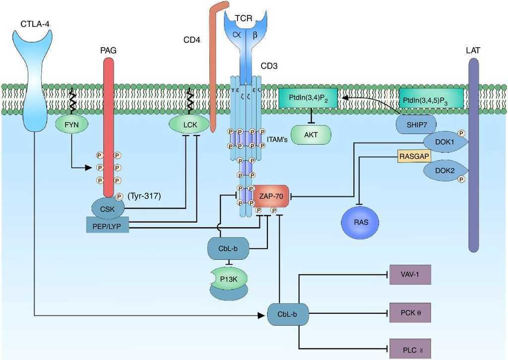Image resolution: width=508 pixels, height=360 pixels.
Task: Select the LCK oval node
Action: [x=189, y=125]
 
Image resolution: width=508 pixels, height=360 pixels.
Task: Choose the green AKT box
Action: [x=311, y=135]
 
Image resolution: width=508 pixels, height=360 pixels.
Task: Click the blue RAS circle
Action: [x=361, y=222]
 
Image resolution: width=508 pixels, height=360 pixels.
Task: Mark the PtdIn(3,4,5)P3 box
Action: [x=431, y=98]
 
